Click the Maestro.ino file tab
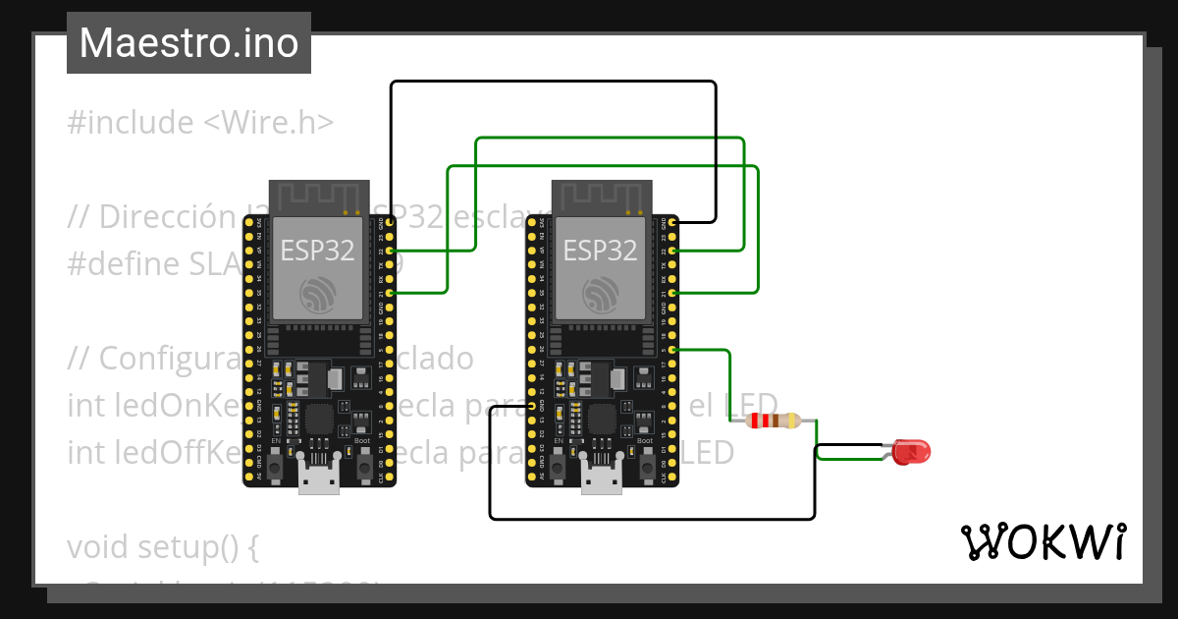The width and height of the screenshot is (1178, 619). (x=188, y=43)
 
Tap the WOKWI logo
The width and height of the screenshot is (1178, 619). (x=1043, y=541)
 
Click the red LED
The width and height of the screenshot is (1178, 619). (x=911, y=452)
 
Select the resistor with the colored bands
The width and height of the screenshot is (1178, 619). (x=774, y=421)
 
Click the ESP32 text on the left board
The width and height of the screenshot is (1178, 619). (x=318, y=251)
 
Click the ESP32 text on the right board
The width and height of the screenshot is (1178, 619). (x=601, y=251)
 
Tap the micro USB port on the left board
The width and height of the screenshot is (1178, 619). (x=319, y=481)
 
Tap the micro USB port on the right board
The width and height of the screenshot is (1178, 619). (x=602, y=481)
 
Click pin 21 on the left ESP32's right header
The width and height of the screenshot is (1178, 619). (x=391, y=293)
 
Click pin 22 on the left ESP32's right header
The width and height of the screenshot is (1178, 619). (x=391, y=252)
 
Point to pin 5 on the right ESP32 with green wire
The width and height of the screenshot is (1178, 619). (x=673, y=349)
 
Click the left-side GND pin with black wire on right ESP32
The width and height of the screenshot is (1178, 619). (x=531, y=405)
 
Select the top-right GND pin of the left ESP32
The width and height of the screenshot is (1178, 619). (x=391, y=223)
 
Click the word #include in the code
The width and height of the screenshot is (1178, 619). (x=131, y=123)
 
